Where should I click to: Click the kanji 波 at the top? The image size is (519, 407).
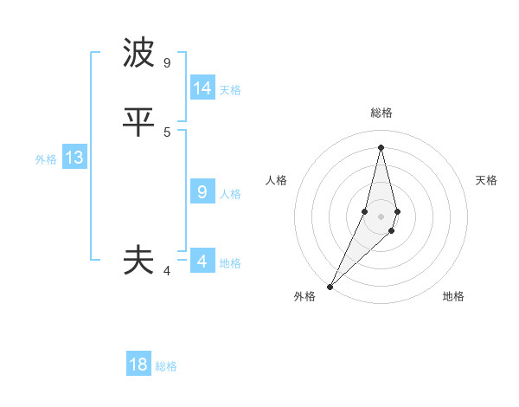pyautogui.click(x=138, y=54)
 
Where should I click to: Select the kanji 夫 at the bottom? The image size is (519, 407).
pyautogui.click(x=138, y=260)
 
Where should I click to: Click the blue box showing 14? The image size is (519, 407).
pyautogui.click(x=202, y=88)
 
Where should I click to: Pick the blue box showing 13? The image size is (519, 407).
pyautogui.click(x=74, y=158)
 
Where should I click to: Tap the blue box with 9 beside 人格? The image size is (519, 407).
pyautogui.click(x=202, y=192)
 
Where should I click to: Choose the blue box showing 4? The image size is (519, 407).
pyautogui.click(x=202, y=262)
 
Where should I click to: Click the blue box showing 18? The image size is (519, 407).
pyautogui.click(x=138, y=365)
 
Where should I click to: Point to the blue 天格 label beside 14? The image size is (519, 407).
pyautogui.click(x=230, y=89)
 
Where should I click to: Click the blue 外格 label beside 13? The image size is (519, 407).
pyautogui.click(x=46, y=159)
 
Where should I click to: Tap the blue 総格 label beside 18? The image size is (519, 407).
pyautogui.click(x=166, y=366)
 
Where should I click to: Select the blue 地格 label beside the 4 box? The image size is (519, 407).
pyautogui.click(x=230, y=263)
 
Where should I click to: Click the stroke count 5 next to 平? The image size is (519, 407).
pyautogui.click(x=167, y=132)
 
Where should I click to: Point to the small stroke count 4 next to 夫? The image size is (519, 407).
pyautogui.click(x=167, y=271)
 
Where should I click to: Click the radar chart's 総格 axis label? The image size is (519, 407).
pyautogui.click(x=381, y=113)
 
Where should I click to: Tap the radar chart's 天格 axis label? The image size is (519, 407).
pyautogui.click(x=486, y=180)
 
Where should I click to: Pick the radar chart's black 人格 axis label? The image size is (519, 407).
pyautogui.click(x=276, y=180)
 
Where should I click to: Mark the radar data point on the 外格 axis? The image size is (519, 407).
pyautogui.click(x=330, y=286)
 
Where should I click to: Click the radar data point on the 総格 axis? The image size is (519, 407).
pyautogui.click(x=381, y=147)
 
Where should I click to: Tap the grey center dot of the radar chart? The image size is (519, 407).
pyautogui.click(x=381, y=216)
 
